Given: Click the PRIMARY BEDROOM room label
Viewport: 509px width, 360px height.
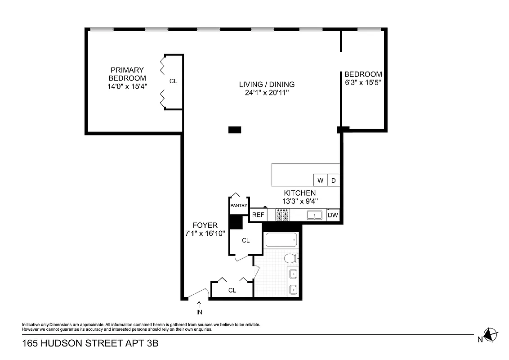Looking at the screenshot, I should pyautogui.click(x=127, y=74).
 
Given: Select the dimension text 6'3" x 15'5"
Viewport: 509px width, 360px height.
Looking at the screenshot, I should pyautogui.click(x=363, y=83).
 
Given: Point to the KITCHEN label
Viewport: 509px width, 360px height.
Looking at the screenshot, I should pyautogui.click(x=299, y=193).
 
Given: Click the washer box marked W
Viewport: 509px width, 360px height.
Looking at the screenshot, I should pyautogui.click(x=321, y=180).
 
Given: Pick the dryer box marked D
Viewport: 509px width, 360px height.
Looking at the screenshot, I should pyautogui.click(x=334, y=180).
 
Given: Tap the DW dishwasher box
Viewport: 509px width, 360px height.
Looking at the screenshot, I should pyautogui.click(x=333, y=215).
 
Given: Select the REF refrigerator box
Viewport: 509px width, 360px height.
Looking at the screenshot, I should pyautogui.click(x=258, y=215).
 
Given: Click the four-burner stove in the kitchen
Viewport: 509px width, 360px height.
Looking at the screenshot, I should pyautogui.click(x=283, y=215).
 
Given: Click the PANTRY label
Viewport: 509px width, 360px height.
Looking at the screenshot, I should pyautogui.click(x=239, y=206).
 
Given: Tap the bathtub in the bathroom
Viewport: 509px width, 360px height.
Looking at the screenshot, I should pyautogui.click(x=281, y=240).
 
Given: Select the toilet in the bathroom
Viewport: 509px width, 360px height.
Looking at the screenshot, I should pyautogui.click(x=291, y=258).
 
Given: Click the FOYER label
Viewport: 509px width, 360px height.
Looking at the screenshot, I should pyautogui.click(x=205, y=225).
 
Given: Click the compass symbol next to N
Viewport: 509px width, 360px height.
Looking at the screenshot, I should pyautogui.click(x=491, y=334).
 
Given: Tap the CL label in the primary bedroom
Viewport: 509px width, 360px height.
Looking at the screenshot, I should pyautogui.click(x=173, y=81).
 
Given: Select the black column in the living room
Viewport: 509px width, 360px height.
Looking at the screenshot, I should pyautogui.click(x=235, y=130).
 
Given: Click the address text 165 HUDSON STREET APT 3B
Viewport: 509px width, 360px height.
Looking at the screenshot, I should pyautogui.click(x=90, y=344).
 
